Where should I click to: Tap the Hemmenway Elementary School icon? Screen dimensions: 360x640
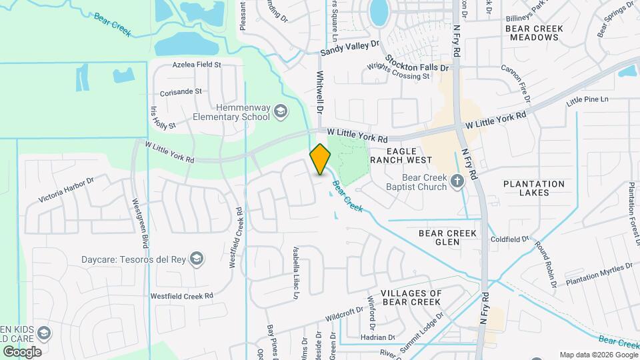(281, 111)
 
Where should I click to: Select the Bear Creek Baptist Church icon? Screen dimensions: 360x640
(457, 181)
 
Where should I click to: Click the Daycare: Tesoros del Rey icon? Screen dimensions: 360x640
(197, 258)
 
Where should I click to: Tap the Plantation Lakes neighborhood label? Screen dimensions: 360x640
(534, 188)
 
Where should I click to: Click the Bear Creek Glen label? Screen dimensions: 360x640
(448, 237)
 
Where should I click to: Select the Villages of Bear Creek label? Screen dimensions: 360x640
(411, 297)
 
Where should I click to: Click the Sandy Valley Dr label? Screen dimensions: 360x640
(349, 47)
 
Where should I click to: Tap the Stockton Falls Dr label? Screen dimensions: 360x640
(418, 67)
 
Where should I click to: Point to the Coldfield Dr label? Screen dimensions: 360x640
(509, 239)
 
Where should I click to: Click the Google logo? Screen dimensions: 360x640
(22, 351)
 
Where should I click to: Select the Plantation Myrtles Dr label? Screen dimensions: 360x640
(598, 274)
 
